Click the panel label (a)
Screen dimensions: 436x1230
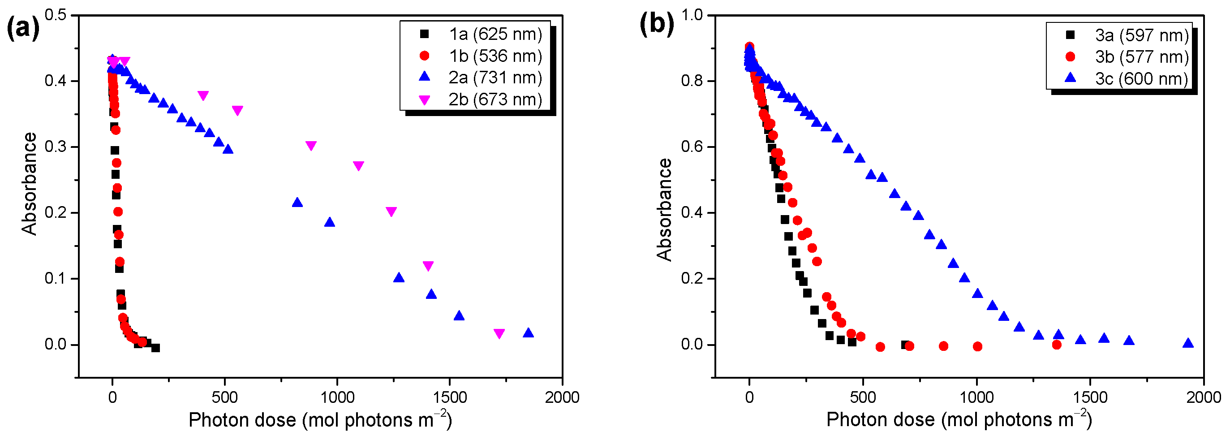point(22,28)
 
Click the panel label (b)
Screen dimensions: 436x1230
point(657,24)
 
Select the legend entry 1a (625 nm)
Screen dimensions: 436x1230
point(495,34)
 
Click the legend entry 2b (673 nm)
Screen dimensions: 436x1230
point(495,99)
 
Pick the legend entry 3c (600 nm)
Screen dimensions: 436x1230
point(1141,78)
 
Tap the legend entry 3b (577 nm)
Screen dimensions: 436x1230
point(1141,57)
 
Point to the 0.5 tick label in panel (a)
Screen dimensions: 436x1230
point(56,15)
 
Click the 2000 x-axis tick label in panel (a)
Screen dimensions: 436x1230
point(562,397)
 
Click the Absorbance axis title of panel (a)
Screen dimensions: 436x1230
point(29,184)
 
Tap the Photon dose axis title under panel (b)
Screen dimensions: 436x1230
point(959,419)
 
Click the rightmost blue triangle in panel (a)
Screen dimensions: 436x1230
point(528,333)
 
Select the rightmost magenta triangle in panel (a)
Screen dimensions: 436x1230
point(499,334)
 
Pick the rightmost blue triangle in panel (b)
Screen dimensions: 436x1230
point(1188,343)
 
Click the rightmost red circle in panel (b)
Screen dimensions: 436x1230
point(1057,345)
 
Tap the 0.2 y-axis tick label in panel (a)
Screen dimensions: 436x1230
point(56,212)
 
